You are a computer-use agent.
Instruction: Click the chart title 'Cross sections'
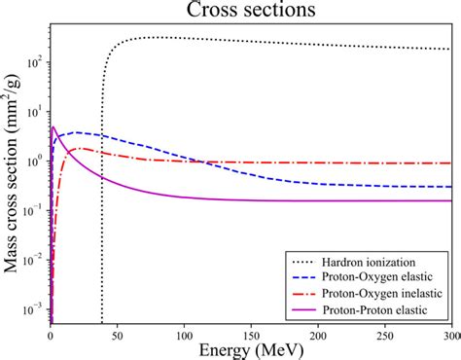[252, 12]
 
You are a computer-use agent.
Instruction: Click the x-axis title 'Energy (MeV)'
[252, 348]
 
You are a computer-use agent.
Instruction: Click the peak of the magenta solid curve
[54, 127]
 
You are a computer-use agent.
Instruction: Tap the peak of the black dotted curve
[156, 37]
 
